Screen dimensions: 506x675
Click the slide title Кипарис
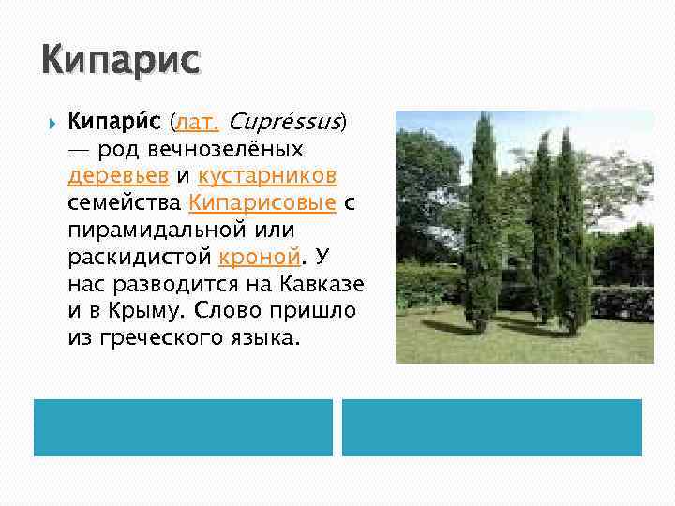click(121, 61)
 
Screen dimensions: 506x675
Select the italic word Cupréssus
click(284, 122)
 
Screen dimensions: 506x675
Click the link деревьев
click(119, 176)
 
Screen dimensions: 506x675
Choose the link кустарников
click(267, 176)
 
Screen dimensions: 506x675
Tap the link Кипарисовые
click(262, 202)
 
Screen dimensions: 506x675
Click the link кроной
click(261, 257)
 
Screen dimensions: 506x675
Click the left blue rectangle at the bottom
click(183, 427)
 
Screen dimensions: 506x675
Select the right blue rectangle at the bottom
click(492, 427)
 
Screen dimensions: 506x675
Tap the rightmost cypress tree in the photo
click(572, 234)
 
